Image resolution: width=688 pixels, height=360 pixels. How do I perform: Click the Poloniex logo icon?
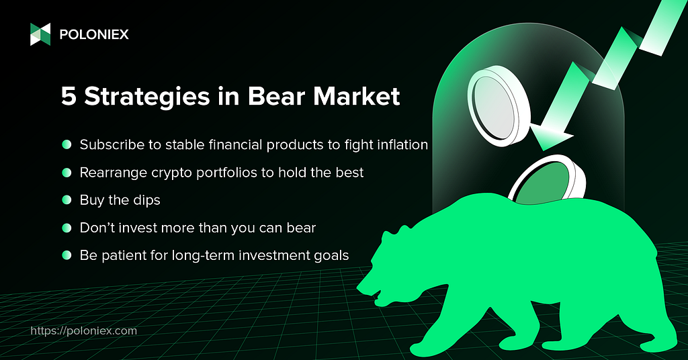pyautogui.click(x=40, y=34)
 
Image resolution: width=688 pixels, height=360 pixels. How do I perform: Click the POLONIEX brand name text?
pyautogui.click(x=94, y=35)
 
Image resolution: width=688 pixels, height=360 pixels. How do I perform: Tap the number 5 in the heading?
pyautogui.click(x=69, y=97)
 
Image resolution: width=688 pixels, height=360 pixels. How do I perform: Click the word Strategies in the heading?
pyautogui.click(x=147, y=97)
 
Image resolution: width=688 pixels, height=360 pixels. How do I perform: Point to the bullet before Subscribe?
pyautogui.click(x=67, y=144)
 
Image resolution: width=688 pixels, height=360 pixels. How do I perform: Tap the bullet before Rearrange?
pyautogui.click(x=67, y=173)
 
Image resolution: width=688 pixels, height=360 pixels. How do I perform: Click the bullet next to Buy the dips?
pyautogui.click(x=67, y=200)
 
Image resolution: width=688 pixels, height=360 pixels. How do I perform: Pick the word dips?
pyautogui.click(x=146, y=200)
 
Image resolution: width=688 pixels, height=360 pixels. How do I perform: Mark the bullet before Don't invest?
pyautogui.click(x=67, y=228)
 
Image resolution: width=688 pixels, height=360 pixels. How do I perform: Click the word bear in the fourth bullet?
pyautogui.click(x=301, y=228)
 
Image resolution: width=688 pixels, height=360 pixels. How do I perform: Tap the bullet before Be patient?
pyautogui.click(x=67, y=255)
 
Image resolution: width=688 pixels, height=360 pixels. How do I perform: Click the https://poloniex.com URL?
pyautogui.click(x=84, y=330)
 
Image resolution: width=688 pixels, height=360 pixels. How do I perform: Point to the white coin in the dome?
pyautogui.click(x=498, y=106)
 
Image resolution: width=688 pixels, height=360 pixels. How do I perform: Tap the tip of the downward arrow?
pyautogui.click(x=543, y=150)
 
